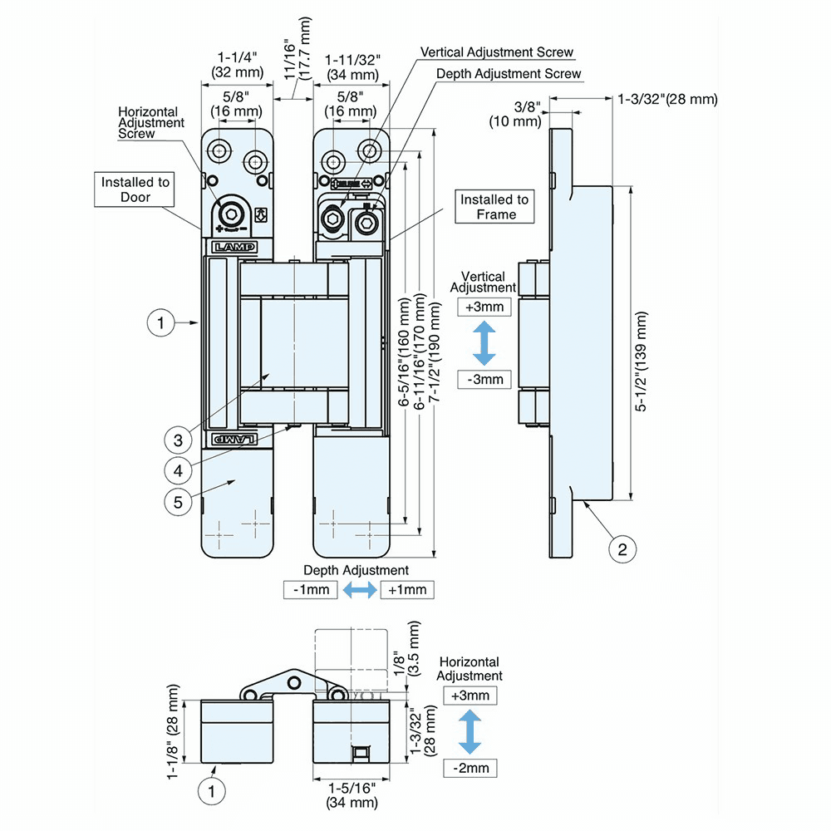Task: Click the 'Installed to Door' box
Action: click(136, 189)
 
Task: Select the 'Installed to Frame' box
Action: click(495, 207)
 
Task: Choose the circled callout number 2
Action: click(623, 548)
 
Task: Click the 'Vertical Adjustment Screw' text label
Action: click(497, 52)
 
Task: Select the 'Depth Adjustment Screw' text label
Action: click(509, 74)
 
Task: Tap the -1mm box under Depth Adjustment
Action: click(311, 590)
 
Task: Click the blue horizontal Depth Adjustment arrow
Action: click(359, 590)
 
